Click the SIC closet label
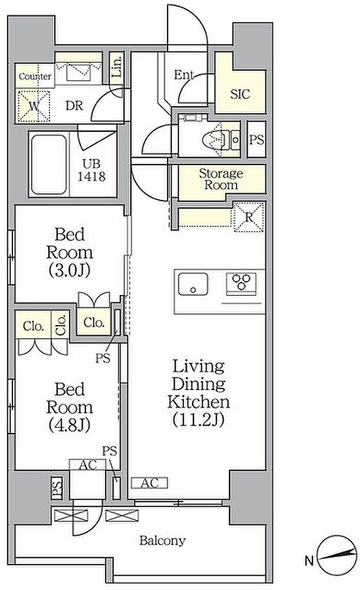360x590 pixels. tap(240, 94)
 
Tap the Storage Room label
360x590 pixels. tap(221, 179)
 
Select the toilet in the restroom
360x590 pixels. tap(216, 140)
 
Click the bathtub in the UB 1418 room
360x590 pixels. tap(49, 164)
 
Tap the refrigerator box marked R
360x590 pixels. tap(249, 217)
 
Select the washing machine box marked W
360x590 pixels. tap(34, 106)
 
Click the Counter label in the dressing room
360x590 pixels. tap(35, 77)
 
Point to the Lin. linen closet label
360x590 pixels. tap(117, 67)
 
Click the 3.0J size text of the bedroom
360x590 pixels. tap(69, 270)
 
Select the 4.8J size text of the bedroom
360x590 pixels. tap(69, 425)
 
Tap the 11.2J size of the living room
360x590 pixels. tap(199, 419)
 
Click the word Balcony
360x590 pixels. tap(163, 541)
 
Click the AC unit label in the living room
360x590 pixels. tap(150, 483)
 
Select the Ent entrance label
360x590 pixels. tap(184, 75)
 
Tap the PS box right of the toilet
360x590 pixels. tap(257, 140)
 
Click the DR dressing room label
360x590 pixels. tap(74, 106)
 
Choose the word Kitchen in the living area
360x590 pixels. tap(199, 402)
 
